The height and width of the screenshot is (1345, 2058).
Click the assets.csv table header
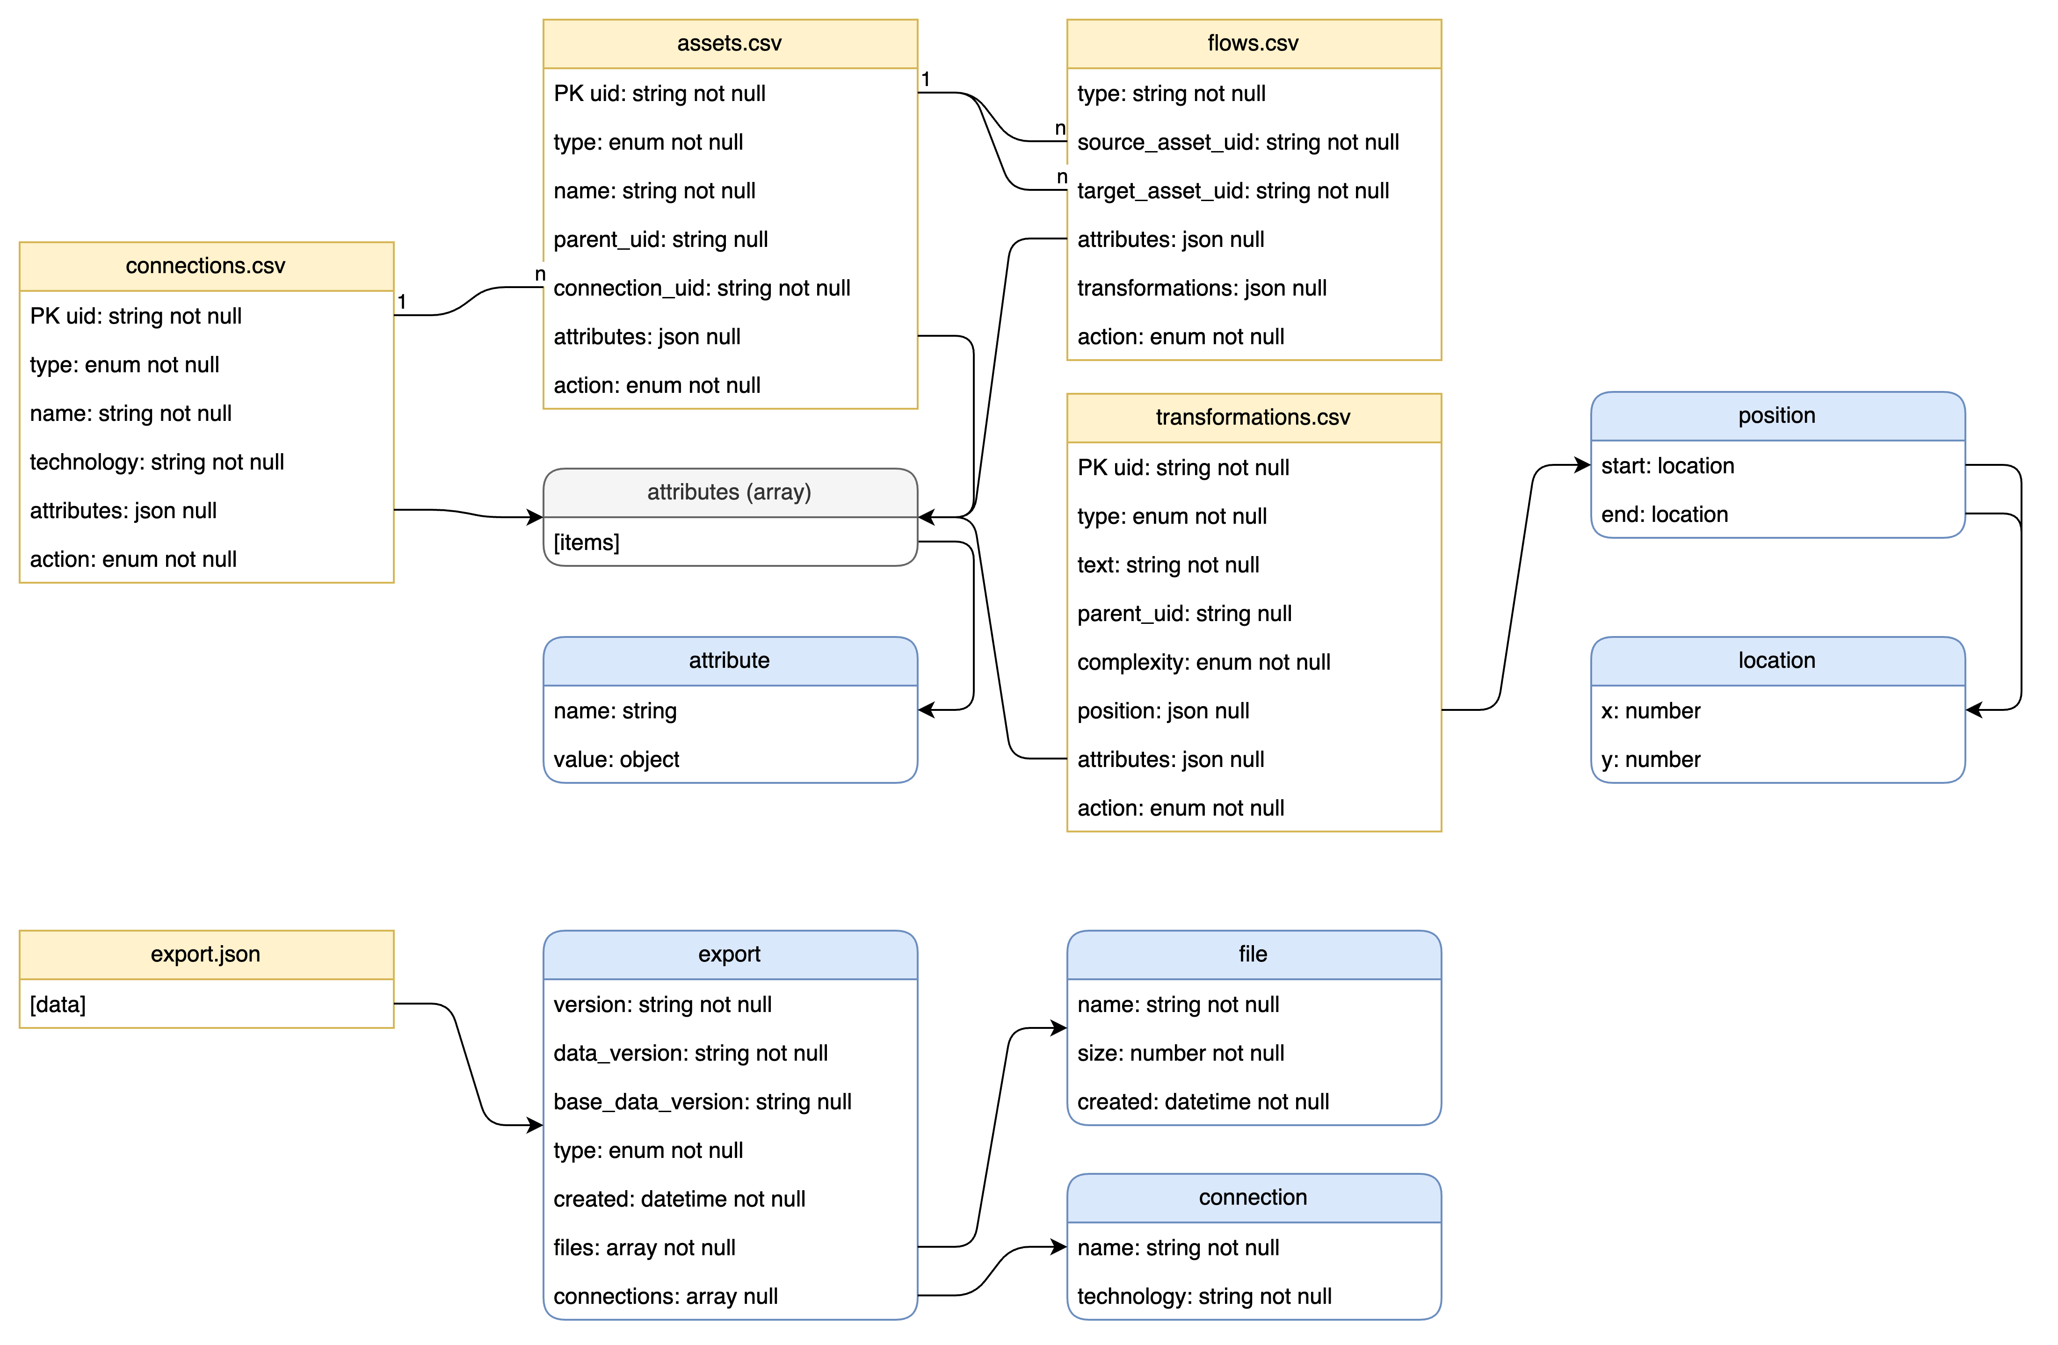tap(729, 43)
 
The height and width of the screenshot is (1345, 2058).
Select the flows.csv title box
tap(1253, 43)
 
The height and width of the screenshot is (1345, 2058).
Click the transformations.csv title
tap(1253, 418)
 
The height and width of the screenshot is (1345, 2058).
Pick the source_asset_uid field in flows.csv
tap(1238, 142)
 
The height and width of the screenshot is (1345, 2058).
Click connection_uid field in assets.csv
tap(701, 288)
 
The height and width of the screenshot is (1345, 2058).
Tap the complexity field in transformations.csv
tap(1203, 662)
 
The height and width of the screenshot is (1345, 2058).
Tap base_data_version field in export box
tap(702, 1101)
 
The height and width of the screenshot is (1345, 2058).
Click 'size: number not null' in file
tap(1181, 1053)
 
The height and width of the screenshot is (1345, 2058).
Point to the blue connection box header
tap(1253, 1197)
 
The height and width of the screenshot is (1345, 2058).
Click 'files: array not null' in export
tap(644, 1247)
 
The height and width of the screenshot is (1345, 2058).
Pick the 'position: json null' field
tap(1163, 710)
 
